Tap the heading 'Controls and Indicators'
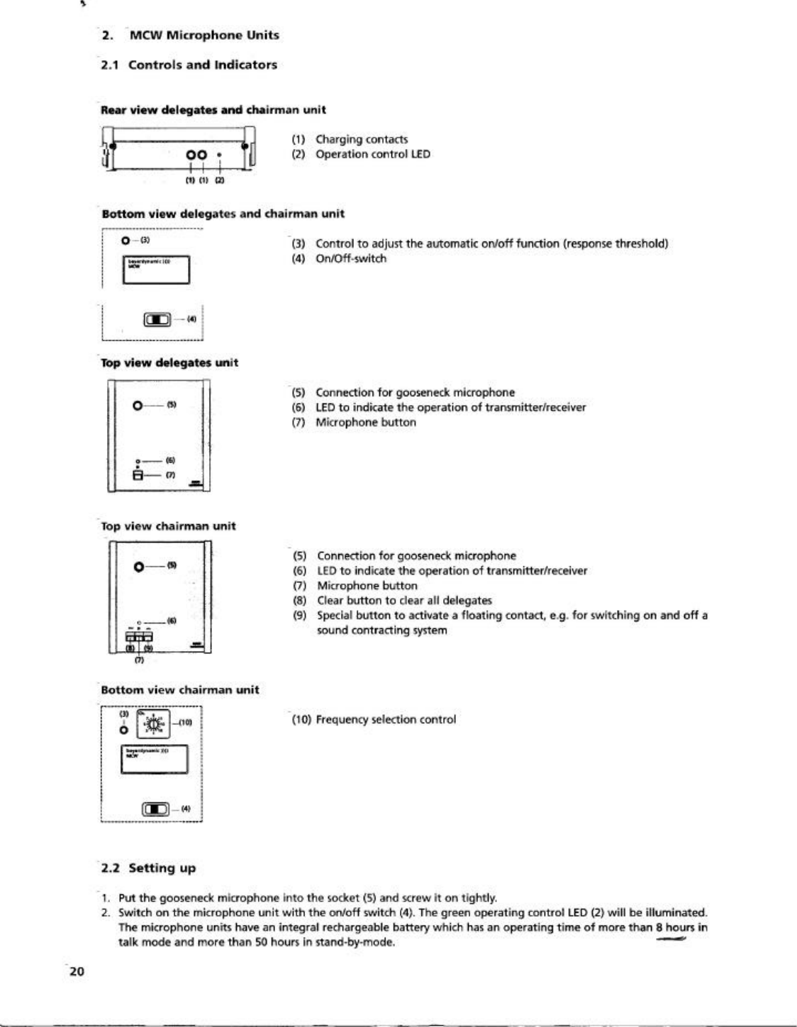(x=203, y=65)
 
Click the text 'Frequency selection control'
(x=386, y=720)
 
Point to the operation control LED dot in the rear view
(x=221, y=154)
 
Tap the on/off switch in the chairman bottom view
(x=157, y=809)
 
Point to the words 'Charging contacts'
(x=362, y=140)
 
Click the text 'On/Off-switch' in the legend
(x=351, y=259)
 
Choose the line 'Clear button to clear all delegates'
(x=404, y=601)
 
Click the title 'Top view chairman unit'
(x=169, y=526)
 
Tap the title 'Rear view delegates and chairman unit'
(x=213, y=110)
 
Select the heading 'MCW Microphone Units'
(x=204, y=35)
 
